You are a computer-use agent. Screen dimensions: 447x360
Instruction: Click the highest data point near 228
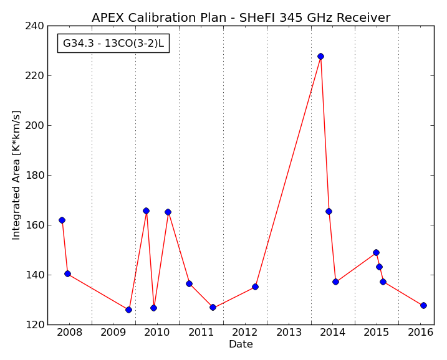[x=320, y=57]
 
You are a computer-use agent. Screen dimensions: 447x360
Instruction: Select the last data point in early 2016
[x=423, y=305]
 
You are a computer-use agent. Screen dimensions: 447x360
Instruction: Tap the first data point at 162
[x=62, y=220]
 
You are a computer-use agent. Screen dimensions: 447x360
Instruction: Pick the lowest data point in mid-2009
[x=128, y=310]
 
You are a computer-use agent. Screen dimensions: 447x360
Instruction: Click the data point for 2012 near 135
[x=255, y=287]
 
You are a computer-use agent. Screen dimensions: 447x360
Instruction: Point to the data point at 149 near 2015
[x=376, y=253]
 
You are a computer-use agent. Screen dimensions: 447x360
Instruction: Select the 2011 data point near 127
[x=213, y=307]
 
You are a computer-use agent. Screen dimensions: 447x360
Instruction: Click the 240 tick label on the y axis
[x=34, y=26]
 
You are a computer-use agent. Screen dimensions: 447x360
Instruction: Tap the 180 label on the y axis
[x=34, y=176]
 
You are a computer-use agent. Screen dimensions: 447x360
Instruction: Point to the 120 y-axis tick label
[x=34, y=325]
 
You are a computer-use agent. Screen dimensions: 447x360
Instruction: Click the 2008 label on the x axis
[x=69, y=333]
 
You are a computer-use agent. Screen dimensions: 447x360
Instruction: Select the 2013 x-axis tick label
[x=289, y=333]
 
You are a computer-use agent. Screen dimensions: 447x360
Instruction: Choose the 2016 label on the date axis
[x=420, y=333]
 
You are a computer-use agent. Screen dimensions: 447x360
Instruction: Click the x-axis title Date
[x=241, y=344]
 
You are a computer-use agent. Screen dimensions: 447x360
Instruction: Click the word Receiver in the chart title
[x=363, y=17]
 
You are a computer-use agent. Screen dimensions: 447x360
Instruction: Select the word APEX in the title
[x=108, y=17]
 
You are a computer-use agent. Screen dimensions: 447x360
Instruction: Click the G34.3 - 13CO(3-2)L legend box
[x=113, y=44]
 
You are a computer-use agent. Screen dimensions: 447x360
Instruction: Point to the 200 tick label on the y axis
[x=34, y=126]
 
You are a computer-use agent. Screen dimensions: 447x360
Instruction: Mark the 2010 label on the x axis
[x=157, y=333]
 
